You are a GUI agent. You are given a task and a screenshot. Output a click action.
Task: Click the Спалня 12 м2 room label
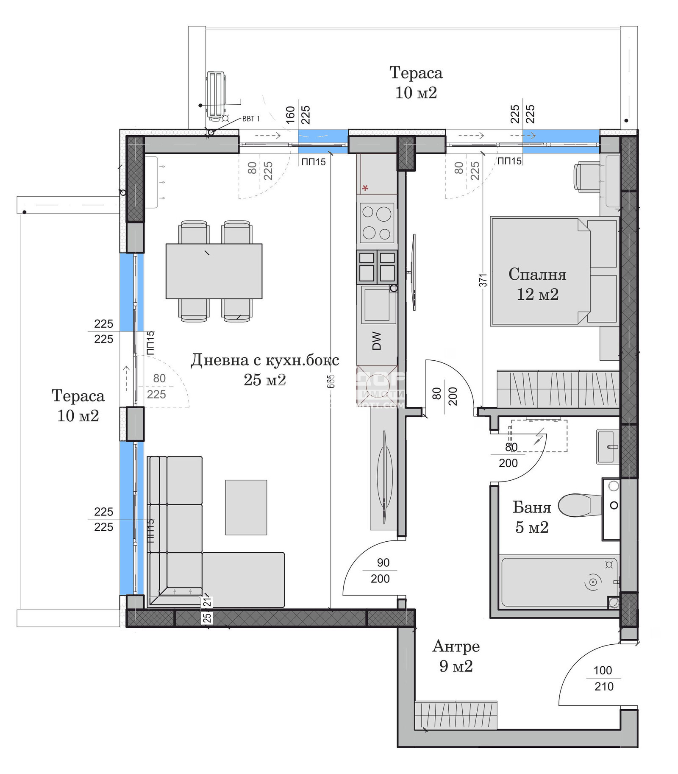(537, 284)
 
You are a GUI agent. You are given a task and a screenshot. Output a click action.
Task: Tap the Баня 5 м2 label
(531, 517)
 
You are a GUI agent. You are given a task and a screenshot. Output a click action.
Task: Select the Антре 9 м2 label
(456, 656)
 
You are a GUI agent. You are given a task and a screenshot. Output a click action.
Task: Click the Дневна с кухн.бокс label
(265, 360)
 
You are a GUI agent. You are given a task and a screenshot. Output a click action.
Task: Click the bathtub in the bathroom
(558, 582)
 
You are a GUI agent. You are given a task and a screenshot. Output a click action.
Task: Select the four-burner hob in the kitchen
(377, 223)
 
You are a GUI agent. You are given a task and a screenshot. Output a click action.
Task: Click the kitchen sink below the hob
(377, 304)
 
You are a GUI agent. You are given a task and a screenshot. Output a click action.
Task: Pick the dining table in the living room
(214, 271)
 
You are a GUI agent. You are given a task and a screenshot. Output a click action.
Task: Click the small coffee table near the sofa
(246, 507)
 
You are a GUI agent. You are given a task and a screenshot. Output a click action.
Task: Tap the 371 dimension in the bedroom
(483, 280)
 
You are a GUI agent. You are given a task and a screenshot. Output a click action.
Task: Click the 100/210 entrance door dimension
(603, 678)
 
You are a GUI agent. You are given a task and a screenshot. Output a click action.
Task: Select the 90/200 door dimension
(381, 571)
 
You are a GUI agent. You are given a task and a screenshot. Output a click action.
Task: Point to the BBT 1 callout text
(251, 119)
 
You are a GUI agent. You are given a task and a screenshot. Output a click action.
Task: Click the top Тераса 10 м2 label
(416, 83)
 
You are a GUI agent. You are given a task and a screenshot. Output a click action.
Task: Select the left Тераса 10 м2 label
(78, 406)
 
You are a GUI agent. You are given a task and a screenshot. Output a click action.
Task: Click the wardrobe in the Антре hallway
(456, 715)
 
